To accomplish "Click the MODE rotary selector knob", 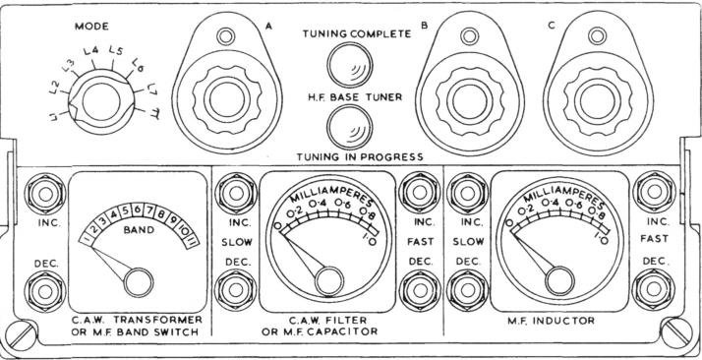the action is pyautogui.click(x=101, y=101).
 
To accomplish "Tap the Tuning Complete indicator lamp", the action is pyautogui.click(x=350, y=65).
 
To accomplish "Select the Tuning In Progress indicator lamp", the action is pyautogui.click(x=350, y=127).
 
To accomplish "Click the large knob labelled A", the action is pyautogui.click(x=227, y=100).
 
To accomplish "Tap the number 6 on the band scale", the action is pyautogui.click(x=138, y=209).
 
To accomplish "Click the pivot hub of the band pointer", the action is pyautogui.click(x=139, y=282).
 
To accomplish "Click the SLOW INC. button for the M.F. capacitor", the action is pyautogui.click(x=236, y=193).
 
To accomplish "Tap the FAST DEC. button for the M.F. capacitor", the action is pyautogui.click(x=420, y=290).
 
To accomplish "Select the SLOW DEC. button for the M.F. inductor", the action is pyautogui.click(x=467, y=290).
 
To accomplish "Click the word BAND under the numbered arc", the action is pyautogui.click(x=139, y=231).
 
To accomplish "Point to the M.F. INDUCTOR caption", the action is pyautogui.click(x=552, y=321).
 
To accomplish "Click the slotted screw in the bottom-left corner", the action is pyautogui.click(x=21, y=335).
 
